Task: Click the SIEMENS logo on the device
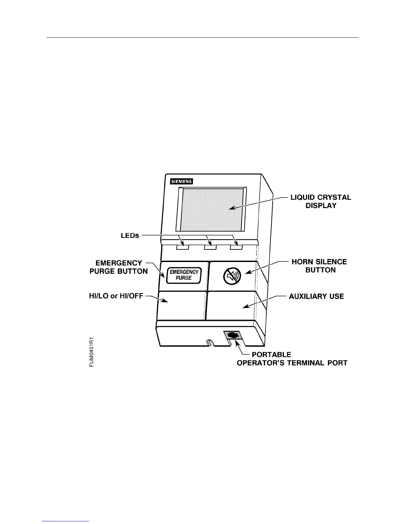[181, 181]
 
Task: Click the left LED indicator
[182, 247]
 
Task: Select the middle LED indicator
[210, 247]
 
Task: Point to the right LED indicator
[236, 247]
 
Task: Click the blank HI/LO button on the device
[182, 305]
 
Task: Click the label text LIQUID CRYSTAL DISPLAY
[321, 201]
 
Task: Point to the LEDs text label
[130, 235]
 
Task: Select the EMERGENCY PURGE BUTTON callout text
[119, 267]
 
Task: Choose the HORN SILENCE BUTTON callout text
[319, 266]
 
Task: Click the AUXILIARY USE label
[316, 296]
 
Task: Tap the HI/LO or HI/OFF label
[116, 296]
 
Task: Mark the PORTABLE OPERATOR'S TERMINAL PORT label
[292, 359]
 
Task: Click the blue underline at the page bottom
[66, 521]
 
